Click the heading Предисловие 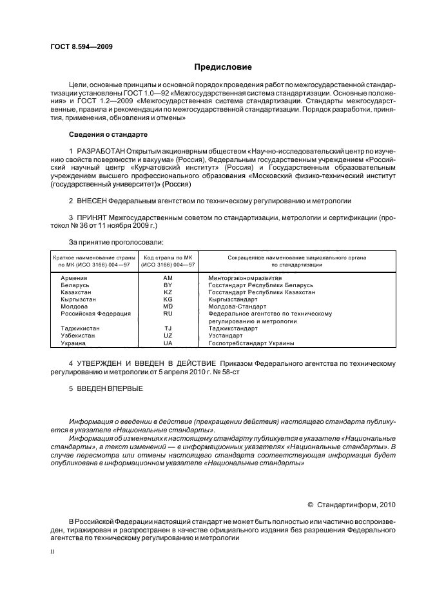click(223, 67)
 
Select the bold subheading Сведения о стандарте click(108, 134)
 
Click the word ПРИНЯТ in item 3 click(92, 218)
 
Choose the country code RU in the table click(168, 314)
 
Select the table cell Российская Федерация click(95, 314)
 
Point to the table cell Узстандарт click(225, 336)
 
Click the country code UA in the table click(168, 343)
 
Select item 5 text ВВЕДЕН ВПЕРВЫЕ click(106, 389)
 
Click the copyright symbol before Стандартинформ click(311, 505)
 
